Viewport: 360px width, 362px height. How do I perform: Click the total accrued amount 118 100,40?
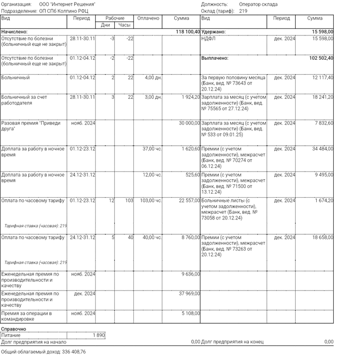[x=188, y=32]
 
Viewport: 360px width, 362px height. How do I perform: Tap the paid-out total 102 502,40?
[x=319, y=58]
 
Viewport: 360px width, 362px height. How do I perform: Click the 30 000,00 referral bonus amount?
[x=189, y=123]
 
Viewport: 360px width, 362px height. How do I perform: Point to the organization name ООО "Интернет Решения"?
[x=67, y=4]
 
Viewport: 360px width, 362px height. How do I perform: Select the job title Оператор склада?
[x=258, y=4]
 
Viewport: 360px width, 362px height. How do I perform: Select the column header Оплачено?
[x=148, y=19]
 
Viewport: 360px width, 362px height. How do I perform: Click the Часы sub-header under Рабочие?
[x=124, y=25]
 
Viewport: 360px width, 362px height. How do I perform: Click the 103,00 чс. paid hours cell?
[x=151, y=200]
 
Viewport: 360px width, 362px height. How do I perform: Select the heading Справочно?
[x=14, y=329]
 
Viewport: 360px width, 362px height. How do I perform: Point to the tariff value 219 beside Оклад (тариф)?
[x=243, y=10]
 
